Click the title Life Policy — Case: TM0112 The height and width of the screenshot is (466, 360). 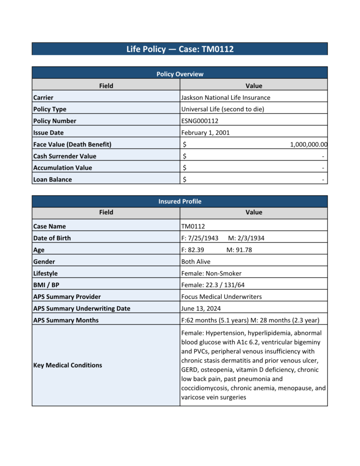coord(180,49)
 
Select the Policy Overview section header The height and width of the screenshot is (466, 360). coord(180,74)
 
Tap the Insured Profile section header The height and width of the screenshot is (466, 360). coord(180,201)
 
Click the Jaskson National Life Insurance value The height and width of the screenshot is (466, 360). coord(225,97)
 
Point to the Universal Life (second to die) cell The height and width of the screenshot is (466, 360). coord(223,109)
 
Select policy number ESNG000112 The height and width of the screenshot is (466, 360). coord(200,121)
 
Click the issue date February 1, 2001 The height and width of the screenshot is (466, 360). coord(205,133)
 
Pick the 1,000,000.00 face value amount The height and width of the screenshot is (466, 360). coord(309,145)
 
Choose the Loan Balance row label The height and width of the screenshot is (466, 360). coord(52,179)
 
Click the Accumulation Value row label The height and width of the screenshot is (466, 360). coord(62,167)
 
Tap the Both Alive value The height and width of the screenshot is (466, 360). coord(196,262)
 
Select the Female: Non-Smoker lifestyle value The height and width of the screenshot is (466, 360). coord(211,274)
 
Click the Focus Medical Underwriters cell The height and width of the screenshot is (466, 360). coord(222,297)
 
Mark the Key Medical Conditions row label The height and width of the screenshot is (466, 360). coord(67,365)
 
